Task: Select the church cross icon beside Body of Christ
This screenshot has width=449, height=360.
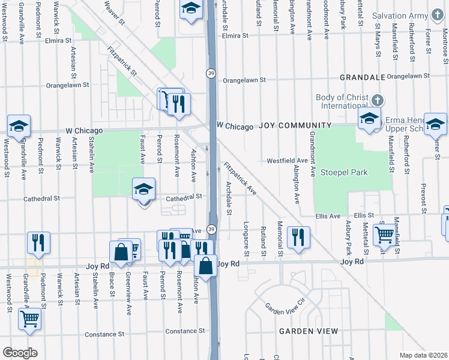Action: [x=377, y=100]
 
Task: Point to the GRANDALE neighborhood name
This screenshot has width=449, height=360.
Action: [x=361, y=77]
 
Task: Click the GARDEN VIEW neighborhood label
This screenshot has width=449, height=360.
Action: [x=307, y=331]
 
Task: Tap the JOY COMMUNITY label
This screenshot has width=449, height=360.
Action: [x=295, y=125]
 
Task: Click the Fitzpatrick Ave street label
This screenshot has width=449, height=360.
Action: [x=240, y=179]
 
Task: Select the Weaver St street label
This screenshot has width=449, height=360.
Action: [x=114, y=13]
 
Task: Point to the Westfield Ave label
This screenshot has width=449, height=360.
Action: [x=287, y=161]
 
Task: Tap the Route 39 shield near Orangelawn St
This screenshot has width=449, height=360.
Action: [x=211, y=73]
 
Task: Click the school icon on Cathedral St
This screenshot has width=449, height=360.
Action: [x=143, y=190]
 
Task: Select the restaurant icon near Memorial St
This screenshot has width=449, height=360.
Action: [x=298, y=238]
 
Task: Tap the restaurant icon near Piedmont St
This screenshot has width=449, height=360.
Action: [x=38, y=242]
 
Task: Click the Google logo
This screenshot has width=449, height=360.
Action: [x=20, y=353]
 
